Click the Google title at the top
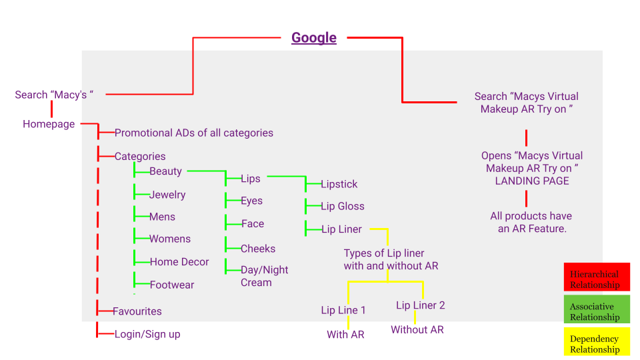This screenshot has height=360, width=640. (x=313, y=38)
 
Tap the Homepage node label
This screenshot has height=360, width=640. (x=49, y=124)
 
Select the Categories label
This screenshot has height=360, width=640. (x=140, y=157)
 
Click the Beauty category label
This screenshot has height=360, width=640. (x=165, y=171)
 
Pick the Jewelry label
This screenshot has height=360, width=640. (x=167, y=195)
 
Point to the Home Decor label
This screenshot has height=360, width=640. (x=179, y=262)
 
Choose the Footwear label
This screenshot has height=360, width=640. (x=171, y=285)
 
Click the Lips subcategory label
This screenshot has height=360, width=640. (x=251, y=179)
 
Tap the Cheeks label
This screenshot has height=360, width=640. (x=258, y=249)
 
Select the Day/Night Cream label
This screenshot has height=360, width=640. (x=264, y=276)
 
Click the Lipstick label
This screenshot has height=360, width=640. (x=339, y=184)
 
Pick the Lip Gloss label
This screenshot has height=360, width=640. (x=342, y=207)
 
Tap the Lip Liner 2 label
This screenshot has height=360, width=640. (x=420, y=305)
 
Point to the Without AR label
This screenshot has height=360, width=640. (x=417, y=329)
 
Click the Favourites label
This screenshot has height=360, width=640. (x=137, y=311)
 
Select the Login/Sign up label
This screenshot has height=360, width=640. (x=147, y=334)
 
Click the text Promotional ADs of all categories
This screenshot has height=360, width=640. (x=193, y=133)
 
